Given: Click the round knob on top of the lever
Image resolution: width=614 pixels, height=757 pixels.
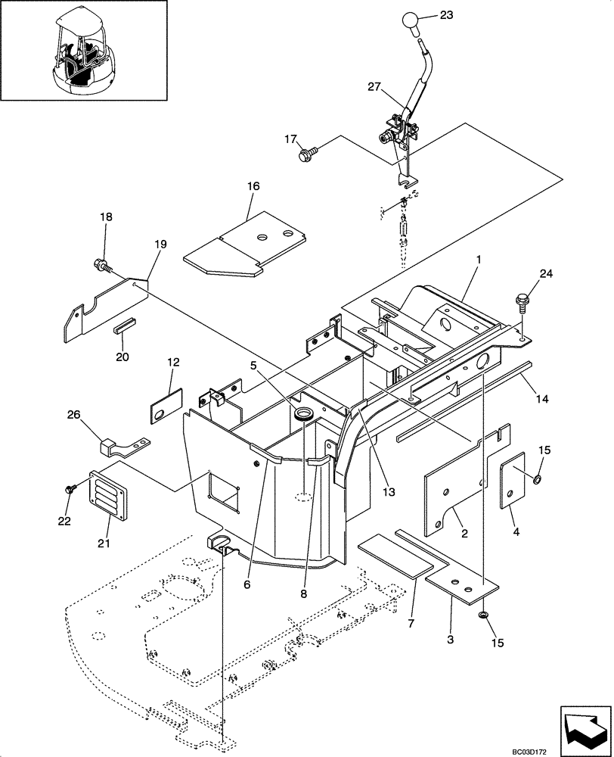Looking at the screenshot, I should (411, 20).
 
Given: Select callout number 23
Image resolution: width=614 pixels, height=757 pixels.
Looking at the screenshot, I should (446, 14).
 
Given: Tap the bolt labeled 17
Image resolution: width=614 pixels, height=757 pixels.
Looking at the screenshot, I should (306, 154).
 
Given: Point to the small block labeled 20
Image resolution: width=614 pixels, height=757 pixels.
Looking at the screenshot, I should (125, 327).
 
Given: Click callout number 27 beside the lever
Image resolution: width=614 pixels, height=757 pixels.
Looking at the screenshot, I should (376, 88).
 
